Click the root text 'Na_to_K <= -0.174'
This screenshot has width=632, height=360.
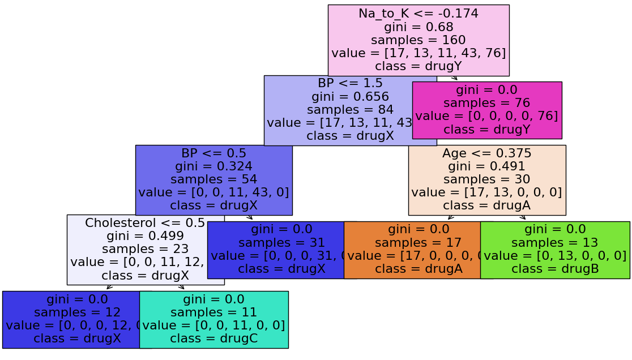[x=419, y=14]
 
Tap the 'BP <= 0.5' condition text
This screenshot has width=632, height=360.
[x=213, y=153]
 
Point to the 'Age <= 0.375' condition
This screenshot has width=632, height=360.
[x=487, y=153]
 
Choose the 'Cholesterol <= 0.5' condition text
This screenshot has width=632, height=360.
[x=145, y=223]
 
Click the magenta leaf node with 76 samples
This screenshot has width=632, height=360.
[x=487, y=110]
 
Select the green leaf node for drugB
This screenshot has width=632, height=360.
[x=555, y=249]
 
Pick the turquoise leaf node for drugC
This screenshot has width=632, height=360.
[x=213, y=319]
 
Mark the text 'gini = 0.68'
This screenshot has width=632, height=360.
[x=419, y=27]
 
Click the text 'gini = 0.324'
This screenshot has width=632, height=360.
[x=213, y=166]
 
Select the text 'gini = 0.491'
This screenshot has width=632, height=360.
[x=487, y=166]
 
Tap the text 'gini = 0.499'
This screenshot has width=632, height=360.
[x=145, y=236]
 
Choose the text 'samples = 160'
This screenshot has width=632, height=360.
[x=419, y=40]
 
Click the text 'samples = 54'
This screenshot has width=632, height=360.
[x=213, y=179]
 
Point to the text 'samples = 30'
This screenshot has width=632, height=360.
[x=487, y=179]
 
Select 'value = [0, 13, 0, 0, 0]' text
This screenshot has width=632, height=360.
[x=555, y=255]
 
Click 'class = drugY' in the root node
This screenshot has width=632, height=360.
[x=419, y=66]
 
